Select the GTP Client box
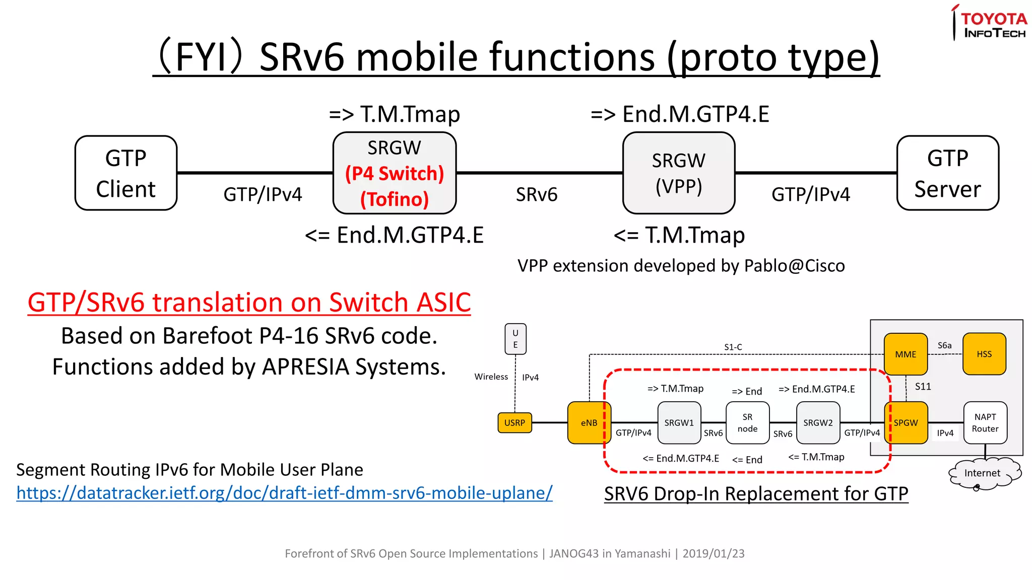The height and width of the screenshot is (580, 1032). point(126,173)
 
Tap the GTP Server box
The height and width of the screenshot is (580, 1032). point(947,173)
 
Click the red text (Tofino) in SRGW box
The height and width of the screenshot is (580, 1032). point(394,199)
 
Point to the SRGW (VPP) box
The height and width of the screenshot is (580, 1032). point(678,173)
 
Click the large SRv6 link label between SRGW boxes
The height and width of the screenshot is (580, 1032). point(536,195)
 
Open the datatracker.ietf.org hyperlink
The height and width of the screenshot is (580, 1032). point(284,493)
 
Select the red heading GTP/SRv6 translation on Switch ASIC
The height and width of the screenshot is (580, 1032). point(249,303)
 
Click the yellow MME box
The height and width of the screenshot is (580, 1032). point(906,354)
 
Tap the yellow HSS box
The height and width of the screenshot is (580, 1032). point(984,354)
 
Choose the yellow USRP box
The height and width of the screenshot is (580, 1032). point(514,423)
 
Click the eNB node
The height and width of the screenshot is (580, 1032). point(589,423)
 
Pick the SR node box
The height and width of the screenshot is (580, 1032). point(747,423)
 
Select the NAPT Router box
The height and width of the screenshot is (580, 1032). point(985,423)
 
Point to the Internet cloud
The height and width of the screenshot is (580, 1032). point(983,473)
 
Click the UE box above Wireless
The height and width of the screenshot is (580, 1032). point(515,339)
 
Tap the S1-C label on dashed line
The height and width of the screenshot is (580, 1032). point(733,347)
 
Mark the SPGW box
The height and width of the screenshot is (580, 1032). point(906,423)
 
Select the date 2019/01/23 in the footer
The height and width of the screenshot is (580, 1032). point(713,554)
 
